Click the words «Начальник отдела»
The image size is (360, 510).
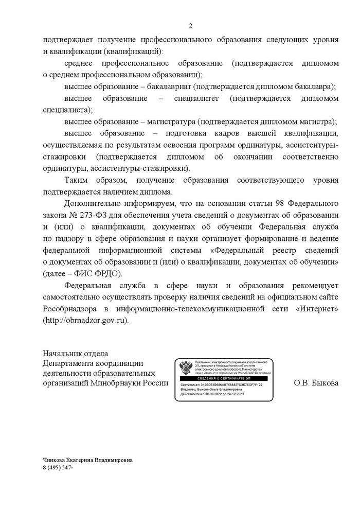coord(75,354)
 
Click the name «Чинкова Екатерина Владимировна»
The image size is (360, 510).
coord(88,460)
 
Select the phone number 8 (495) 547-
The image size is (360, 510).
coord(59,467)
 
